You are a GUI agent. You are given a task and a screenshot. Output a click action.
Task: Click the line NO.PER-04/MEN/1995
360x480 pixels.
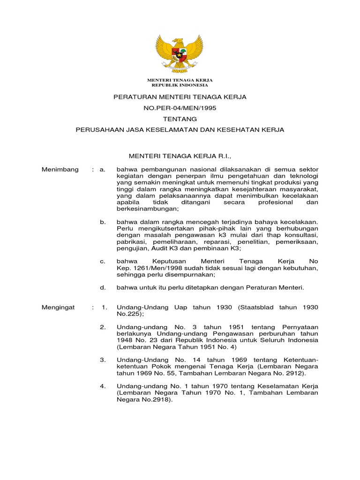click(x=180, y=108)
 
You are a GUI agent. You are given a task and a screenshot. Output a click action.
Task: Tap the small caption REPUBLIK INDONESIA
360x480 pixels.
click(x=180, y=85)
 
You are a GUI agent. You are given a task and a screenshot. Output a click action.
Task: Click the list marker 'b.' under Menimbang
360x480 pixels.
click(x=103, y=221)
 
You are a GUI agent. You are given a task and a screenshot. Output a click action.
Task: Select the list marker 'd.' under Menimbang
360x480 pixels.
click(x=103, y=287)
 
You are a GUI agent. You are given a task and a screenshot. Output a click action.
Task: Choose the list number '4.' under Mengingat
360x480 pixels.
click(x=103, y=386)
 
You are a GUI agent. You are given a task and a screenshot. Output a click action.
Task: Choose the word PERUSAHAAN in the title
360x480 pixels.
click(x=99, y=130)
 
